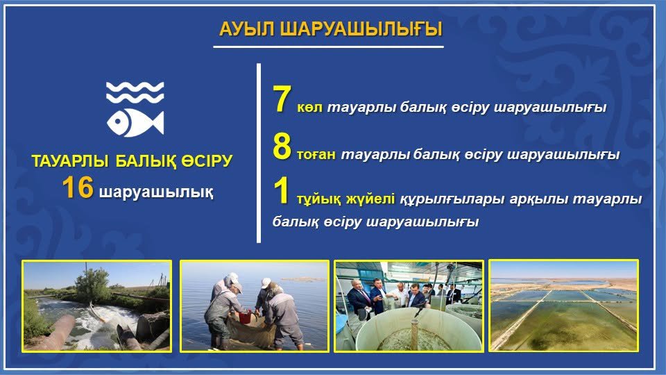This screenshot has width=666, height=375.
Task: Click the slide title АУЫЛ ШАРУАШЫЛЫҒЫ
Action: (x=330, y=29)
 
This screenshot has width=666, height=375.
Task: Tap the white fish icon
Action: (x=135, y=122)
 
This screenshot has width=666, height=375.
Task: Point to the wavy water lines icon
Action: (x=135, y=92)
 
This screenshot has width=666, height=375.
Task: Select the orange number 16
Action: (x=78, y=188)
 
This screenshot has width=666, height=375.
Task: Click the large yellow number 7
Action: (x=282, y=99)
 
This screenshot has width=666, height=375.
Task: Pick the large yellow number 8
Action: (x=282, y=147)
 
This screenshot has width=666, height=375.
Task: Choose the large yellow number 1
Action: (x=281, y=191)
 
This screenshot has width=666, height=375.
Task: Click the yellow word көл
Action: (x=309, y=108)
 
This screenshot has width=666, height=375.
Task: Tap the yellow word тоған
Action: (x=316, y=154)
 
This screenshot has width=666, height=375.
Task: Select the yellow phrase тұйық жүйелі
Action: (x=345, y=199)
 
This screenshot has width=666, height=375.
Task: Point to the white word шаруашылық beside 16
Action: (x=156, y=192)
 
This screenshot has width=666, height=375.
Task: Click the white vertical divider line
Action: (x=259, y=153)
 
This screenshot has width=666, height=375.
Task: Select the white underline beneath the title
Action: (x=328, y=47)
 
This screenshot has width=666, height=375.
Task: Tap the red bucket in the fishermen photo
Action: (x=245, y=317)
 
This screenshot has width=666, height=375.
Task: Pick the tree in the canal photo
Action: (x=92, y=284)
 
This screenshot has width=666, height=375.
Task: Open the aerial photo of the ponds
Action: (x=563, y=306)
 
